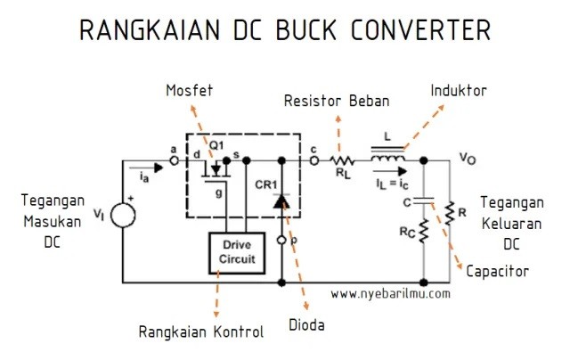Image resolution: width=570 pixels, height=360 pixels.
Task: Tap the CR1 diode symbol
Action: click(x=281, y=201)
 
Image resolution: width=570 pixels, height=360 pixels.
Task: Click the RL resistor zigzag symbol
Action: click(x=342, y=160)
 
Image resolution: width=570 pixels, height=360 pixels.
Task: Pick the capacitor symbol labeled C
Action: click(x=424, y=200)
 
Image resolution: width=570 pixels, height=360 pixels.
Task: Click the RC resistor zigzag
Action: click(x=424, y=231)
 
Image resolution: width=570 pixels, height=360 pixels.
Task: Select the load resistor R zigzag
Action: click(x=450, y=213)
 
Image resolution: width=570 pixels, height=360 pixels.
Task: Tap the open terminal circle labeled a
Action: click(x=175, y=160)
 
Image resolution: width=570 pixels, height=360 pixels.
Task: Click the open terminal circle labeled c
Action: click(x=314, y=160)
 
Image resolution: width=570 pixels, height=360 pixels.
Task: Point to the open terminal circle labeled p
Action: click(x=281, y=240)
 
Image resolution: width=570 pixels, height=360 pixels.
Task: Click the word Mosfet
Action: click(x=190, y=91)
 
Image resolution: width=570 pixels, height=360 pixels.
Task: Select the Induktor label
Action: click(x=459, y=91)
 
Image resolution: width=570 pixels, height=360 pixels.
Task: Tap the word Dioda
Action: click(x=306, y=324)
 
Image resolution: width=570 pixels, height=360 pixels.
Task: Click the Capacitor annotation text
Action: click(x=497, y=272)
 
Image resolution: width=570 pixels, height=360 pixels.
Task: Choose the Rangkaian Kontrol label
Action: click(x=201, y=331)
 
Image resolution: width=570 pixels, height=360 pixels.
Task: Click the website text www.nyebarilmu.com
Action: click(x=390, y=293)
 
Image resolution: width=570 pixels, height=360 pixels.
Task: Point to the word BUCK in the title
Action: click(x=306, y=30)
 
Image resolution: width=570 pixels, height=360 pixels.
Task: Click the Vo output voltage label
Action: click(x=468, y=159)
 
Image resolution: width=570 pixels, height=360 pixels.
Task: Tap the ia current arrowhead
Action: click(x=159, y=168)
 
